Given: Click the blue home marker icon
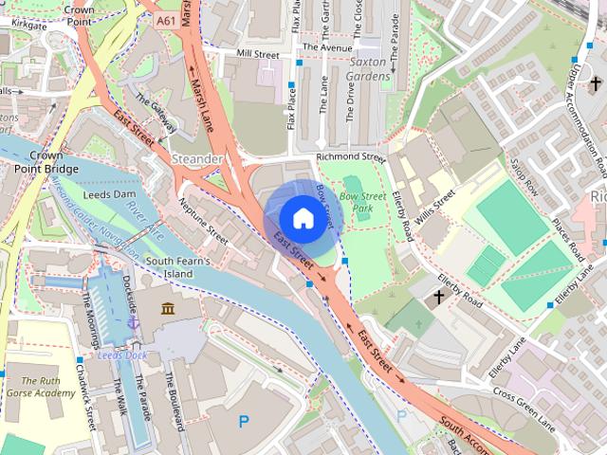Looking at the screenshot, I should (x=302, y=218).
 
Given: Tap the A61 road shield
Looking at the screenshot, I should (x=167, y=20).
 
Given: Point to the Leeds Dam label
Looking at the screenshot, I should (x=110, y=192).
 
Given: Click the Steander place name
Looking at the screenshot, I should (x=197, y=158).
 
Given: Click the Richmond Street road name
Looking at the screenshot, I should (x=351, y=156).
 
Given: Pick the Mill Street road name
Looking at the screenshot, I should (x=258, y=55).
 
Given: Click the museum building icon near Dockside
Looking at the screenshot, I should (x=168, y=310).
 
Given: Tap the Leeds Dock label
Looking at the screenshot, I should (x=122, y=355).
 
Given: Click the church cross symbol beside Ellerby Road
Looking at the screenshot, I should (x=438, y=298).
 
